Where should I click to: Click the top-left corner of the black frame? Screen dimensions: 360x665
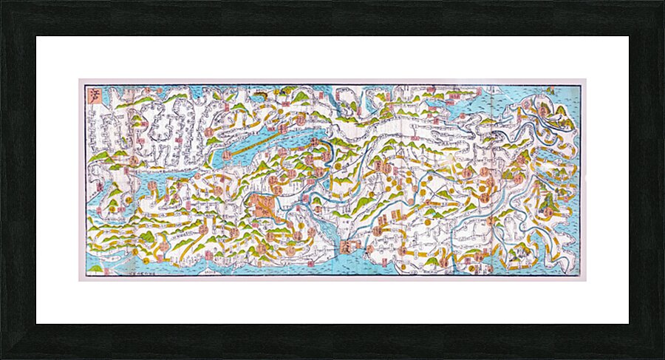[1, 1]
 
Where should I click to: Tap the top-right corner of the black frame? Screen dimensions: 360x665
[663, 1]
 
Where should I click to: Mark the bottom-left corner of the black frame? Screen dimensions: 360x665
[1, 358]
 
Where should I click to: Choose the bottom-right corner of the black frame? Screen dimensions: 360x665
[663, 358]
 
